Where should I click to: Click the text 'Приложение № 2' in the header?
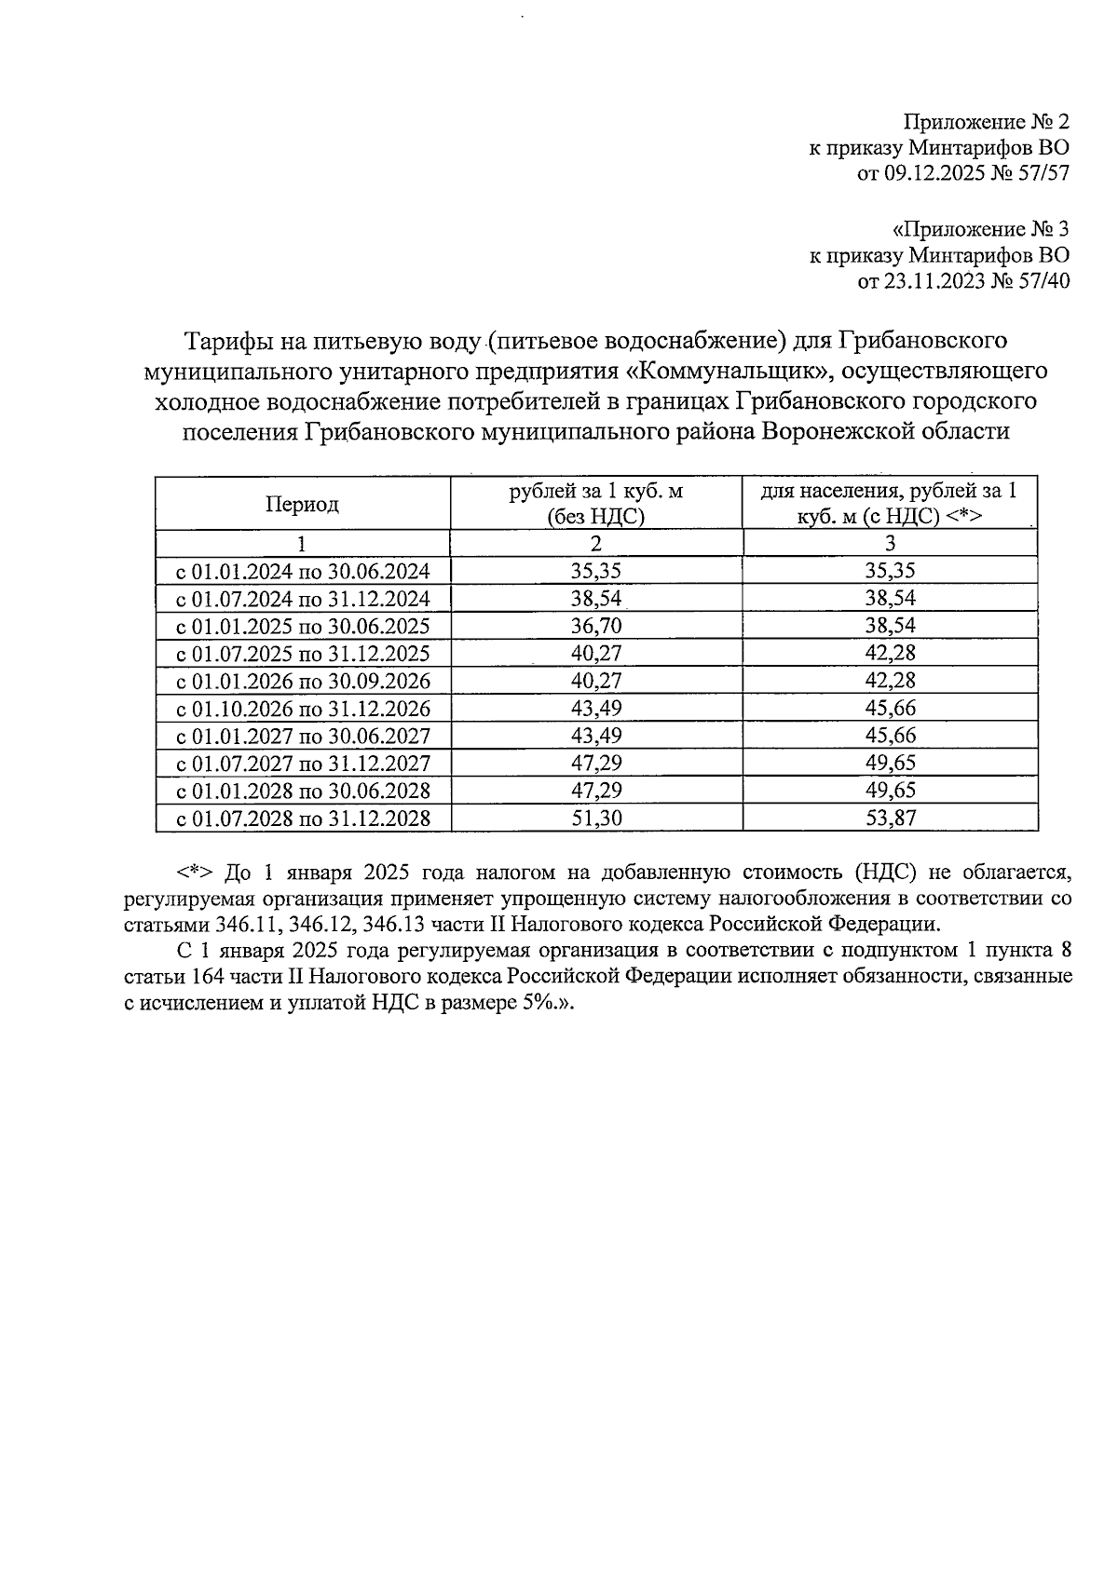pyautogui.click(x=986, y=122)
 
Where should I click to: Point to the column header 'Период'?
pyautogui.click(x=302, y=504)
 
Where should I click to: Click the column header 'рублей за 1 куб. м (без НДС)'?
pyautogui.click(x=596, y=504)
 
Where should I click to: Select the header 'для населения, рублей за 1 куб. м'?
pyautogui.click(x=890, y=504)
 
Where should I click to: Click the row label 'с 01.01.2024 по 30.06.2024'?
pyautogui.click(x=303, y=571)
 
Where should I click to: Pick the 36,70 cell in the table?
pyautogui.click(x=596, y=626)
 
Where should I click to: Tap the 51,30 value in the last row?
pyautogui.click(x=596, y=819)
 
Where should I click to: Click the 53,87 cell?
pyautogui.click(x=890, y=819)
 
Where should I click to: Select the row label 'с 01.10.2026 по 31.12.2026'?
pyautogui.click(x=303, y=709)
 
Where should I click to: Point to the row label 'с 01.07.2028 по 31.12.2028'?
pyautogui.click(x=303, y=819)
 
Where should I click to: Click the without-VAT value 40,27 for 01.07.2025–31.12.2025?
pyautogui.click(x=596, y=653)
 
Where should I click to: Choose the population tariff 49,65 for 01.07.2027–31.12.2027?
pyautogui.click(x=890, y=764)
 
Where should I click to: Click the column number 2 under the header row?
pyautogui.click(x=596, y=544)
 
